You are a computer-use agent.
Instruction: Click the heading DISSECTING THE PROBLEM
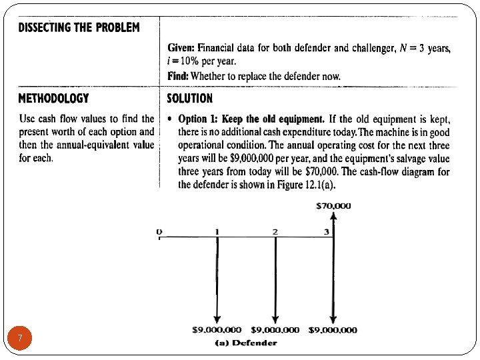[79, 27]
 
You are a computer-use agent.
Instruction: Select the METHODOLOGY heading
[53, 98]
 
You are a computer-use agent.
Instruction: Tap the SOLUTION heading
[189, 98]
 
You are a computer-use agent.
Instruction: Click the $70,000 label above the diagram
[333, 206]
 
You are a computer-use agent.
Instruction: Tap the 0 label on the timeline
[159, 231]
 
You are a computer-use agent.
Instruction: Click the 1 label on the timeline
[217, 231]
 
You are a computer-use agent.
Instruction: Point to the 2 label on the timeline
[275, 231]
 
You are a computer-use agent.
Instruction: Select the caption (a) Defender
[246, 343]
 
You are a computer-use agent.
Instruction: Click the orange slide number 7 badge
[21, 339]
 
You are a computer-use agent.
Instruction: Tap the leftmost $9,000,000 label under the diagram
[217, 329]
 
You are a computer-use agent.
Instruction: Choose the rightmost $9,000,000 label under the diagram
[333, 329]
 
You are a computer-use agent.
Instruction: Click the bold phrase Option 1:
[199, 119]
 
